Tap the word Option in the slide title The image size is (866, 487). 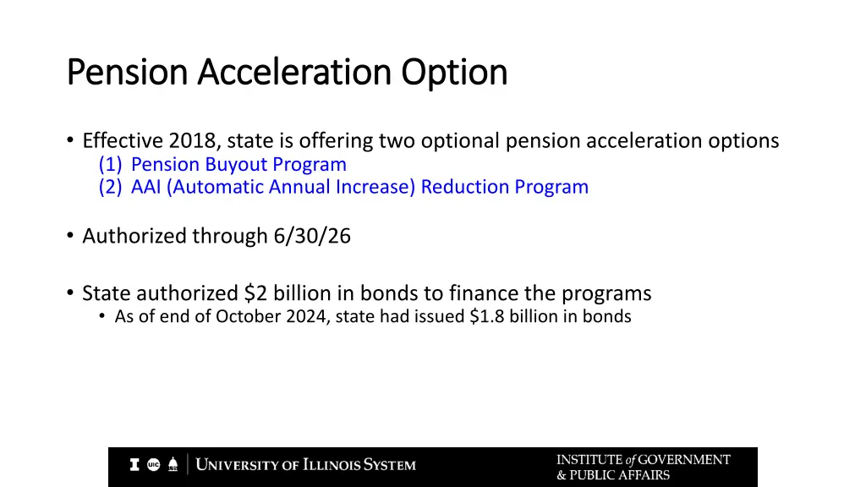point(454,73)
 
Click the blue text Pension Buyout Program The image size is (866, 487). point(238,164)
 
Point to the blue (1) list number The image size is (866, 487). point(110,164)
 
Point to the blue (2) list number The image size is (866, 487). point(110,187)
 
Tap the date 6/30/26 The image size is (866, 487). point(312,237)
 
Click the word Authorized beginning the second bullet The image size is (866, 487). point(134,237)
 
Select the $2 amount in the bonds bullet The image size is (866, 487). point(255,293)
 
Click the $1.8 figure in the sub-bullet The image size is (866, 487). point(485,317)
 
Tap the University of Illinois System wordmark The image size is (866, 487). point(305,465)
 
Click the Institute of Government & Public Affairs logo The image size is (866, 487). point(643,467)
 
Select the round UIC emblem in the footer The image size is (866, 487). point(154,464)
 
